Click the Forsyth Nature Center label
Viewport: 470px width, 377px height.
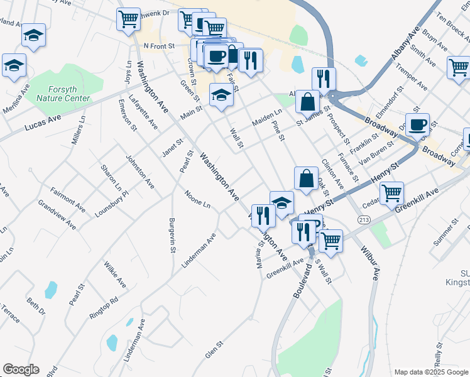click(x=63, y=94)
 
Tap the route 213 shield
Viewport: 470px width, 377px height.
click(x=364, y=219)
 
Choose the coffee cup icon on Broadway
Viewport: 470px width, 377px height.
click(x=417, y=124)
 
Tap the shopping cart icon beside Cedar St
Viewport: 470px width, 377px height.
click(x=391, y=192)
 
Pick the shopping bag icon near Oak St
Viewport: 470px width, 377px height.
click(x=305, y=178)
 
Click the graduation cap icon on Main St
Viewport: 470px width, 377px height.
click(x=221, y=96)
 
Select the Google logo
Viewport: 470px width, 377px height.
click(x=21, y=369)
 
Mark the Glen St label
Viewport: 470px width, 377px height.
click(x=214, y=351)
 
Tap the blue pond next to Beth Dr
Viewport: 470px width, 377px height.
click(x=51, y=290)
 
